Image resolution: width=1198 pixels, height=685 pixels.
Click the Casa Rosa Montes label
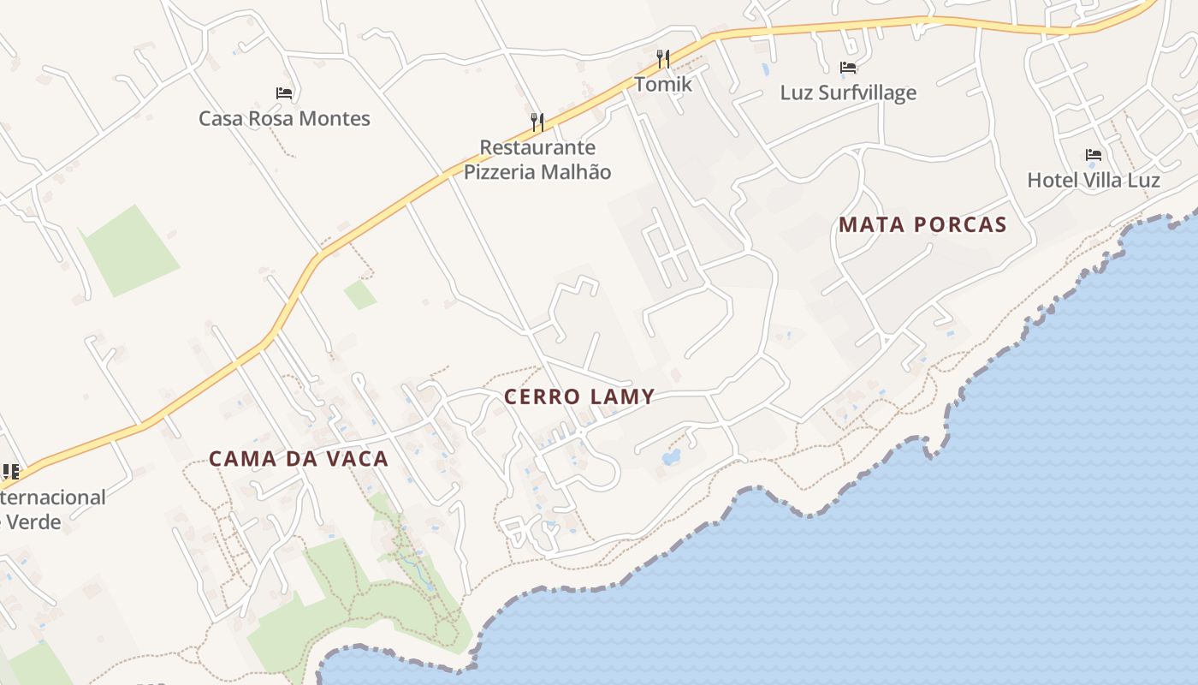(284, 118)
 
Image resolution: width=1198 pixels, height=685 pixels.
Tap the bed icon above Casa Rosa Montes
(284, 92)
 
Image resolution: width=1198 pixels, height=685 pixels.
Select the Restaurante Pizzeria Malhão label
(537, 159)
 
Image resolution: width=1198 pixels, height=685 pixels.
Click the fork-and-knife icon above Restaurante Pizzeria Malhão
(537, 122)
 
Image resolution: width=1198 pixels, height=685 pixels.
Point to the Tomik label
(663, 85)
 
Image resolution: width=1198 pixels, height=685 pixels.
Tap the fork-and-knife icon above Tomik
(663, 59)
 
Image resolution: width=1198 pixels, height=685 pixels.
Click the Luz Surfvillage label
(848, 92)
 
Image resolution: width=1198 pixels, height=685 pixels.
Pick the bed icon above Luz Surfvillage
(848, 67)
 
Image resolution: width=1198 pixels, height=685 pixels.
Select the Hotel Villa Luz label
(1094, 180)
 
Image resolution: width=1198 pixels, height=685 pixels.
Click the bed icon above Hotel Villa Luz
(1094, 155)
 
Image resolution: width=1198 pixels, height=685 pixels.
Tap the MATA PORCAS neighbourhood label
(922, 225)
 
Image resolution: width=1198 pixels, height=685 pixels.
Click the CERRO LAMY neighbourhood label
(579, 396)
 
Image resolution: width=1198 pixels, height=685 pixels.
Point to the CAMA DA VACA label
(299, 459)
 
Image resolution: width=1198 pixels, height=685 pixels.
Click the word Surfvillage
(867, 92)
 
